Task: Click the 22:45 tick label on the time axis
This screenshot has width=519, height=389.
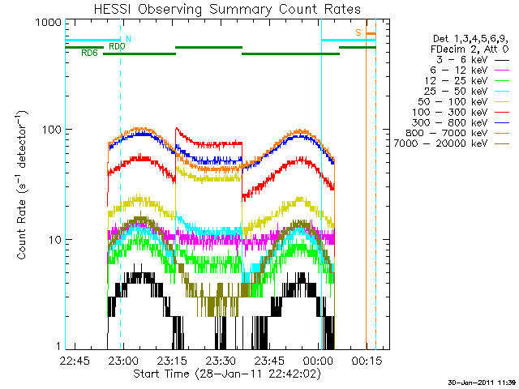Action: [x=74, y=361]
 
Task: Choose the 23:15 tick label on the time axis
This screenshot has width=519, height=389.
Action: [x=172, y=361]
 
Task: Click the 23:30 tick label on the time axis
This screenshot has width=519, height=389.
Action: [x=221, y=361]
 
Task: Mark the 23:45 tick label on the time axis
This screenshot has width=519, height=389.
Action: [x=269, y=361]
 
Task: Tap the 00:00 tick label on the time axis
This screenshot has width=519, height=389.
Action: [x=318, y=361]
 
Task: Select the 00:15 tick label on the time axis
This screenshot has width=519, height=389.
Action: [x=367, y=361]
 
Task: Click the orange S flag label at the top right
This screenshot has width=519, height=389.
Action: [x=358, y=32]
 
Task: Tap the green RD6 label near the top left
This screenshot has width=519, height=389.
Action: [x=89, y=53]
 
